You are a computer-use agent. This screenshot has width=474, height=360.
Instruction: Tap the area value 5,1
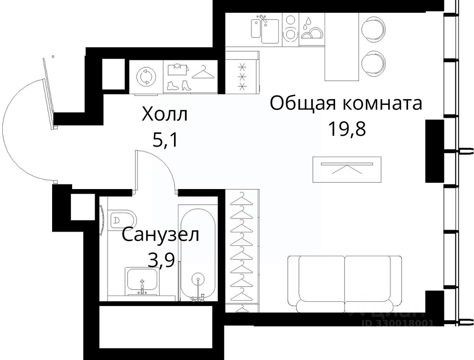[165, 139]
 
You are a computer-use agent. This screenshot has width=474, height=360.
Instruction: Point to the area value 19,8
[347, 129]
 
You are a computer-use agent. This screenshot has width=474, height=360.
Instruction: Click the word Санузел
[160, 235]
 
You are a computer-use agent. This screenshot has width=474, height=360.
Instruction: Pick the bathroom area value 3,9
[161, 261]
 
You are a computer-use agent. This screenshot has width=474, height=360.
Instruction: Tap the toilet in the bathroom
[122, 220]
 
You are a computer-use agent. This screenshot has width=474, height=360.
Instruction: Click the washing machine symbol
[146, 77]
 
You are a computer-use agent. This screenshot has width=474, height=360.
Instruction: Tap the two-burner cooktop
[290, 30]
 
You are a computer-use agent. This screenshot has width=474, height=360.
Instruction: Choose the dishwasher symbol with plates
[312, 30]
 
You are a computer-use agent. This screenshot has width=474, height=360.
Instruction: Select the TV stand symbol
[347, 169]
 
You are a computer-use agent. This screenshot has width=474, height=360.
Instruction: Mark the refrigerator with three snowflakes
[242, 77]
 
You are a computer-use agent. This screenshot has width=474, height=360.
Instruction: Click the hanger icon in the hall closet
[203, 72]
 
